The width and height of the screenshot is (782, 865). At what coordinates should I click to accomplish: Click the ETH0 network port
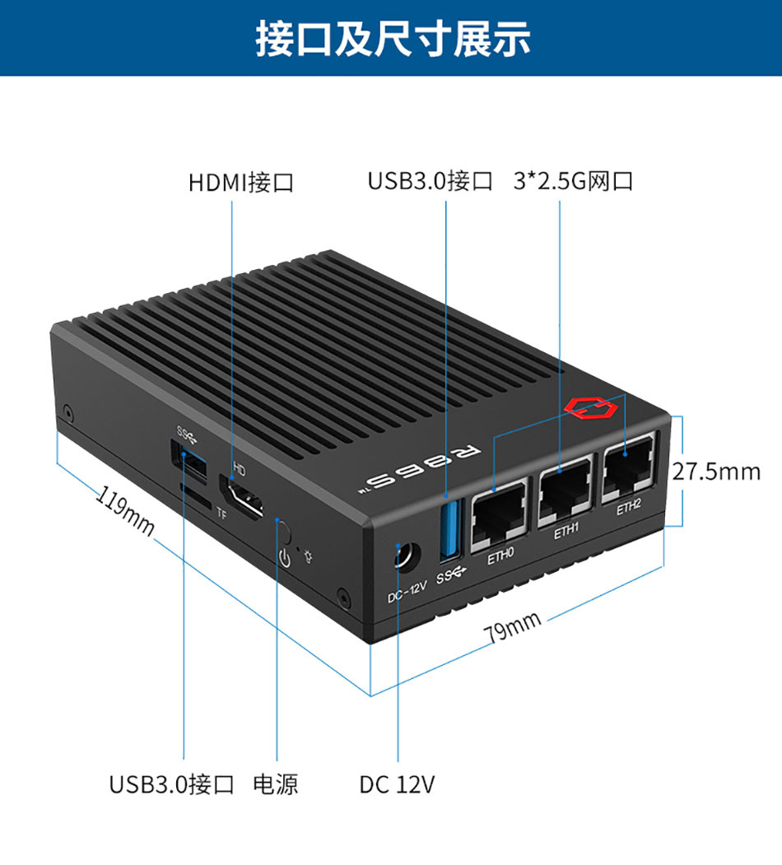498,516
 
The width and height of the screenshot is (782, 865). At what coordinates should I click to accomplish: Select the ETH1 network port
565,491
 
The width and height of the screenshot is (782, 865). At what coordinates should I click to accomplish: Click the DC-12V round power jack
406,557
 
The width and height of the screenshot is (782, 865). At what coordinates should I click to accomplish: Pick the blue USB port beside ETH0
449,529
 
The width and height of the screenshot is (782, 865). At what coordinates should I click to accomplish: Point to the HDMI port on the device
241,495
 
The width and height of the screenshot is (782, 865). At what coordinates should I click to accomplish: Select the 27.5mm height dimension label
716,472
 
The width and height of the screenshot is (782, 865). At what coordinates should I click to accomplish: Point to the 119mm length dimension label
125,511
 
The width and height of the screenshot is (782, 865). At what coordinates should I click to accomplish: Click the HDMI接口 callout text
241,183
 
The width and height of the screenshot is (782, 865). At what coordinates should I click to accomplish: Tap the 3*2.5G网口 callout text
573,181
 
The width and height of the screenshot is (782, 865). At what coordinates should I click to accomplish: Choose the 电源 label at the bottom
276,784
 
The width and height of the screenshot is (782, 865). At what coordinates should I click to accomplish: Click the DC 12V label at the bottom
397,784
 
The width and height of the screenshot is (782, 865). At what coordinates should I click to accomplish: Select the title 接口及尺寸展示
393,39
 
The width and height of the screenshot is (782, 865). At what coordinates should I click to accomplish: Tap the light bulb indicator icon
309,556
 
